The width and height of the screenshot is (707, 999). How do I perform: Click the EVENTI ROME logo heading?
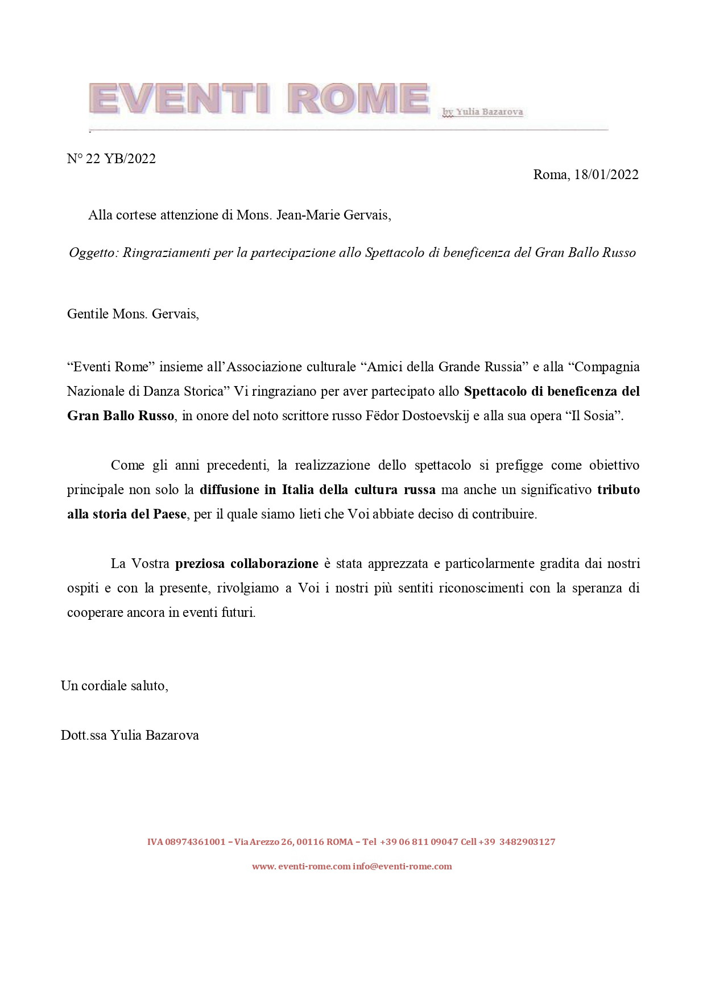[x=259, y=99]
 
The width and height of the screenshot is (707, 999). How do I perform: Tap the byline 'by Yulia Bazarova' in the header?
[x=482, y=112]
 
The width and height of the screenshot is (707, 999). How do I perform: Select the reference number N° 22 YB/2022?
[x=111, y=159]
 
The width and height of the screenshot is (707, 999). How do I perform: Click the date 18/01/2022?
[x=606, y=175]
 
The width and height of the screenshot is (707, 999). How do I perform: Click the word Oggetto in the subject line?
[x=93, y=253]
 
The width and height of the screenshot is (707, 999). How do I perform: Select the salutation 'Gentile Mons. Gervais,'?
[x=133, y=314]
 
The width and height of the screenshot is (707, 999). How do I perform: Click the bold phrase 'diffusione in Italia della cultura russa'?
[x=317, y=490]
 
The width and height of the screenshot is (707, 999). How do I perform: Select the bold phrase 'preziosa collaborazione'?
[x=247, y=563]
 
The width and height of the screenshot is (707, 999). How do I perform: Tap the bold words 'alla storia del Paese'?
[x=127, y=514]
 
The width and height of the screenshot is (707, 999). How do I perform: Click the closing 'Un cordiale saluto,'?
[x=114, y=686]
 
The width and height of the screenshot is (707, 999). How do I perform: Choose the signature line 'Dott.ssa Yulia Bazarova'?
[x=130, y=735]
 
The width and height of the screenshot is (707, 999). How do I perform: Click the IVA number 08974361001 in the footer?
[x=195, y=842]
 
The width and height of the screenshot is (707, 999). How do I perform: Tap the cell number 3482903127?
[x=527, y=842]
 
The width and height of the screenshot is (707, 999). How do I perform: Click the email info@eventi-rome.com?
[x=402, y=867]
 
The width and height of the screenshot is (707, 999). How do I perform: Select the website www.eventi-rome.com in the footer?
[x=301, y=867]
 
